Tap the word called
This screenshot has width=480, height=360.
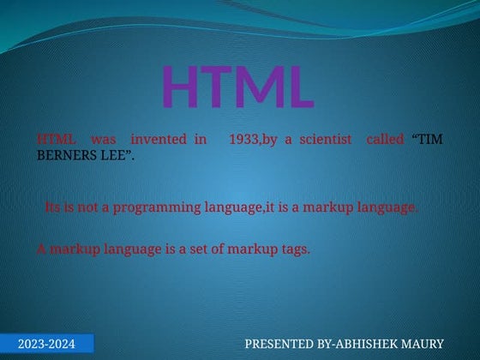point(384,139)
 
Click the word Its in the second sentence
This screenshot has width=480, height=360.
point(52,207)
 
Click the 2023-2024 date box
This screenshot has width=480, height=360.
point(46,345)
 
